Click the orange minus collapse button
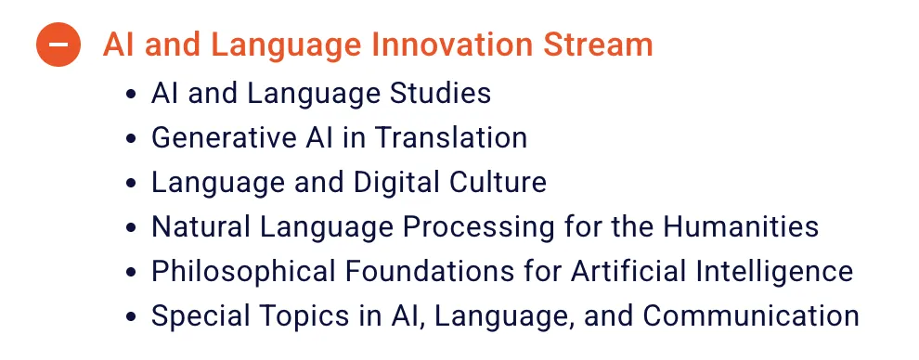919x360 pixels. pyautogui.click(x=58, y=45)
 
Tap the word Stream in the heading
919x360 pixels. pyautogui.click(x=598, y=45)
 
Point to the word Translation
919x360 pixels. pyautogui.click(x=451, y=137)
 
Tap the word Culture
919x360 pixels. pyautogui.click(x=498, y=182)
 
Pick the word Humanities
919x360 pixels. pyautogui.click(x=741, y=226)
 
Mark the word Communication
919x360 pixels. pyautogui.click(x=751, y=315)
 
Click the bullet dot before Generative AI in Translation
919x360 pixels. pyautogui.click(x=131, y=139)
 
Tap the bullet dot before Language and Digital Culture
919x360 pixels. pyautogui.click(x=131, y=183)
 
